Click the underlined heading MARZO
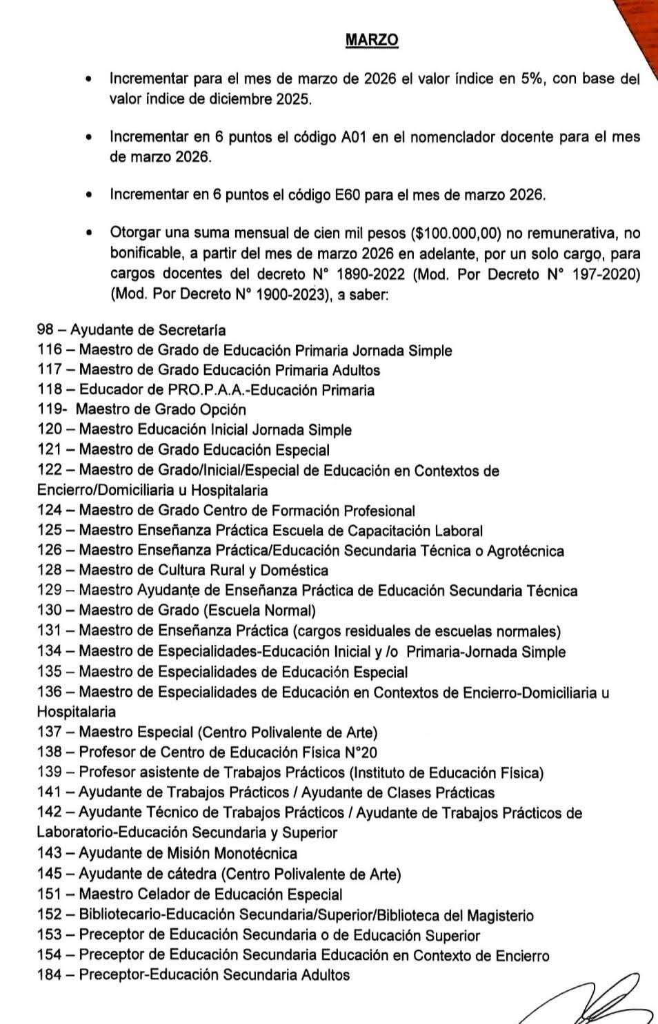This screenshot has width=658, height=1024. pos(372,40)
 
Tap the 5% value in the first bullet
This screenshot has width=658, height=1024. pos(530,79)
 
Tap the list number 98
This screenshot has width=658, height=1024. pos(46,330)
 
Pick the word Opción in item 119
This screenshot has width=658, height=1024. pos(223,410)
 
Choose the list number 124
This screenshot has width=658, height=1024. pos(50,511)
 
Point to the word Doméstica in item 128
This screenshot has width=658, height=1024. pos(296,571)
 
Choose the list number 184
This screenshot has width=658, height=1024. pos(50,975)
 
